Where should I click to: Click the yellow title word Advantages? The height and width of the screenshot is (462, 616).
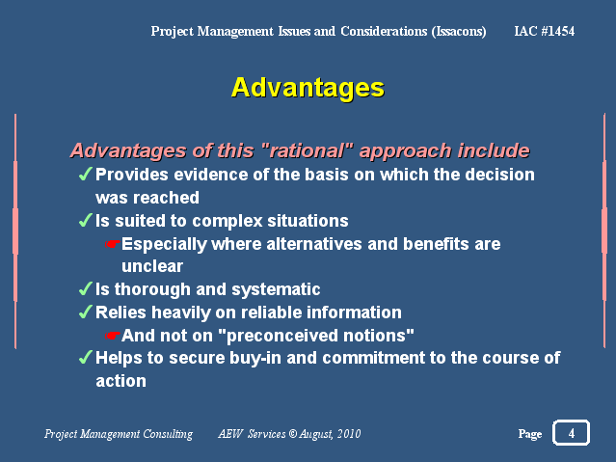(308, 88)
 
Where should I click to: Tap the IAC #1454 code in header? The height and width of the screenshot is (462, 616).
(544, 31)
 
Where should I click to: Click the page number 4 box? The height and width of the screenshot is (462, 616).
(571, 432)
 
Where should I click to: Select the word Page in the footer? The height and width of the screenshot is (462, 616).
(529, 434)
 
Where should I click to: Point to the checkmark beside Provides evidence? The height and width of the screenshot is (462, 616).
(85, 174)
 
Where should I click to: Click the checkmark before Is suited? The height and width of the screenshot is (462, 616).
(85, 220)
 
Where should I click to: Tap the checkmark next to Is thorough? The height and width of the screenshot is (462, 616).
(85, 288)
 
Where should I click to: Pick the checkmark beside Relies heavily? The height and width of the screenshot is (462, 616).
(85, 312)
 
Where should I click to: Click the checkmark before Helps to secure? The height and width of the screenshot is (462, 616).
(85, 357)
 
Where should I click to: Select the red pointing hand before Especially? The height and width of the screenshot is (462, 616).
(112, 245)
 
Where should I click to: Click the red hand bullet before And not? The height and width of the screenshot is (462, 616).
(112, 336)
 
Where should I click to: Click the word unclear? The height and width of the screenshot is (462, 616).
(152, 266)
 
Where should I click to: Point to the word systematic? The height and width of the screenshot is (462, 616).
(276, 290)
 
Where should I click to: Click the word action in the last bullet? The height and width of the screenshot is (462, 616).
(121, 381)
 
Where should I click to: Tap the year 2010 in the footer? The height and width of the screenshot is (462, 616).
(349, 434)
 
